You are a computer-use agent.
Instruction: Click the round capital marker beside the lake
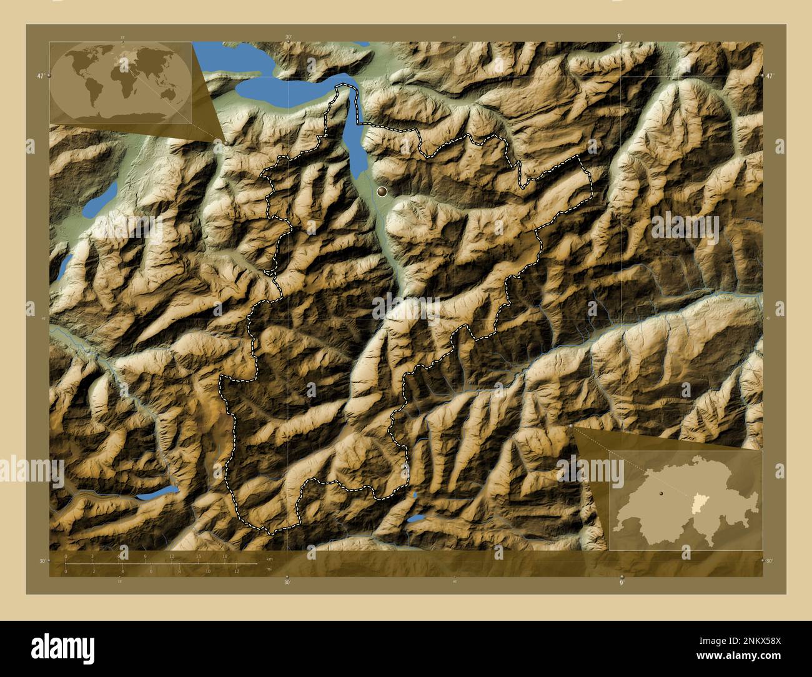pyautogui.click(x=382, y=192)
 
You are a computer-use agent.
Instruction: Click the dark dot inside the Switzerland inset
pyautogui.click(x=660, y=493)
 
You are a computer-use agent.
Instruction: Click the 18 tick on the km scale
pyautogui.click(x=225, y=556)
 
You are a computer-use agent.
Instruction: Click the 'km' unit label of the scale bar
pyautogui.click(x=270, y=558)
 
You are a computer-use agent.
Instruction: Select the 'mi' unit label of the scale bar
pyautogui.click(x=270, y=569)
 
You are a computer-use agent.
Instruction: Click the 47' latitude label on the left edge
pyautogui.click(x=40, y=76)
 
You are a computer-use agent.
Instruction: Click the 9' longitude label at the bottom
pyautogui.click(x=621, y=582)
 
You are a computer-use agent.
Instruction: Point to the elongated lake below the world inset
pyautogui.click(x=100, y=200)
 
